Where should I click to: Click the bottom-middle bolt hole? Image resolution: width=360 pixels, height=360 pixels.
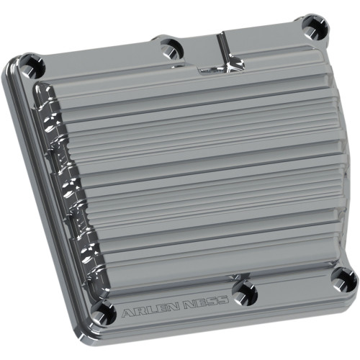click(x=245, y=290)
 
